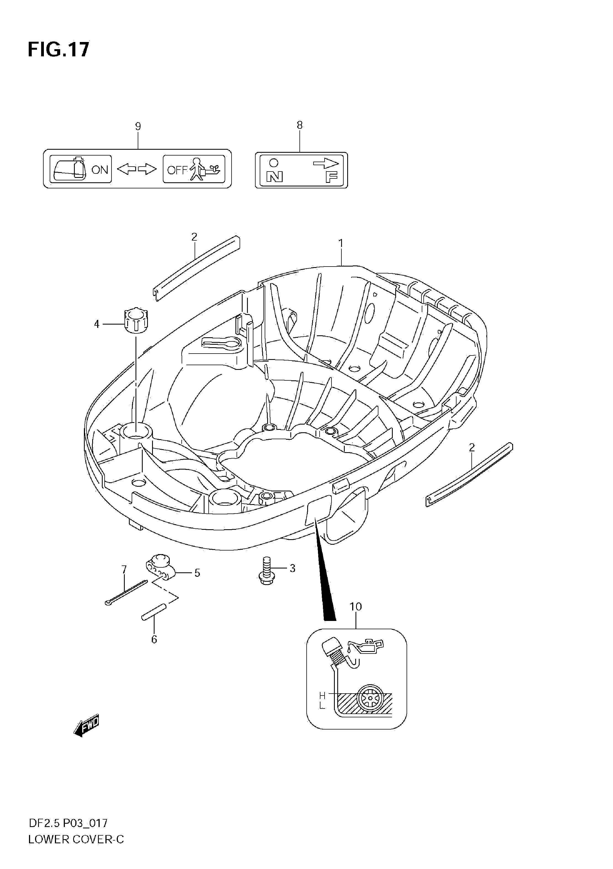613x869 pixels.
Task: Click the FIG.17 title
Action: click(x=59, y=49)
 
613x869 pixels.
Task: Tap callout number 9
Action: click(x=138, y=126)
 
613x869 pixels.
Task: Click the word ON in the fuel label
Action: click(x=100, y=170)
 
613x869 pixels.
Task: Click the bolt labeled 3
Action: click(x=267, y=576)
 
